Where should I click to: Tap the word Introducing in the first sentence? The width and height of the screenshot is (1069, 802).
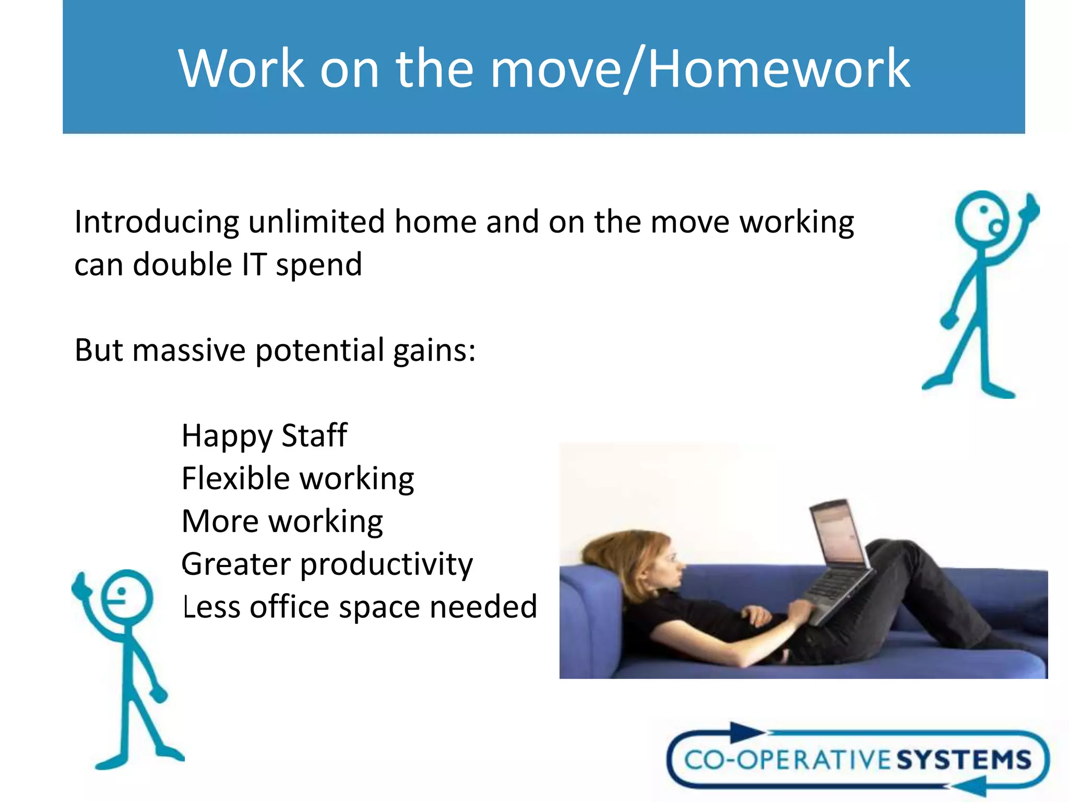click(x=157, y=222)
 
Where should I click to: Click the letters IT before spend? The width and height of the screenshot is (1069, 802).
click(x=254, y=264)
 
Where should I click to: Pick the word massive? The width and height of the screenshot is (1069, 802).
click(x=189, y=350)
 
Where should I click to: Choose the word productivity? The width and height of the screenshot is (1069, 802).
click(x=386, y=565)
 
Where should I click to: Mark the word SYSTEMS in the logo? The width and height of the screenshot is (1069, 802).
click(x=964, y=760)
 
